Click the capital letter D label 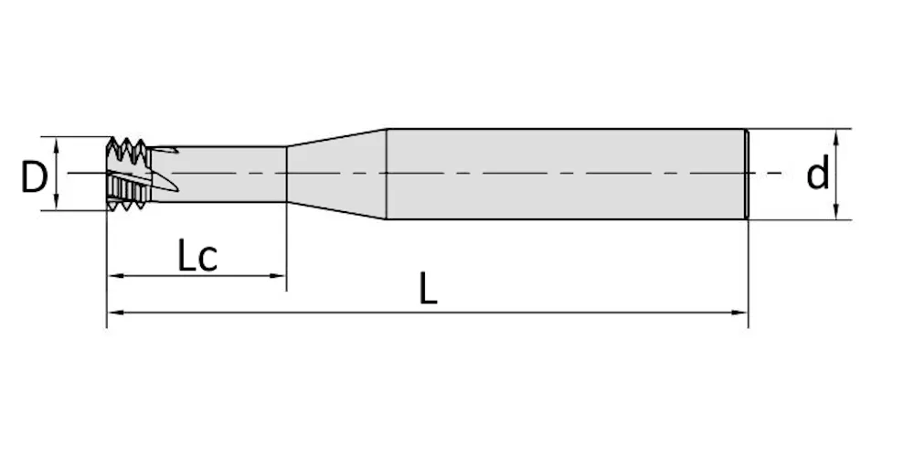click(x=34, y=177)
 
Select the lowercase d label click(x=817, y=174)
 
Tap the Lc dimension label click(x=197, y=257)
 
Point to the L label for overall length click(x=428, y=289)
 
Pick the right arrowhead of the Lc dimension click(x=279, y=276)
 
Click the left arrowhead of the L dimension click(x=114, y=313)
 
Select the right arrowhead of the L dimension click(x=740, y=313)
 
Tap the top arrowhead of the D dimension click(x=57, y=143)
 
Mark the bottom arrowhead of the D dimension click(x=57, y=204)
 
